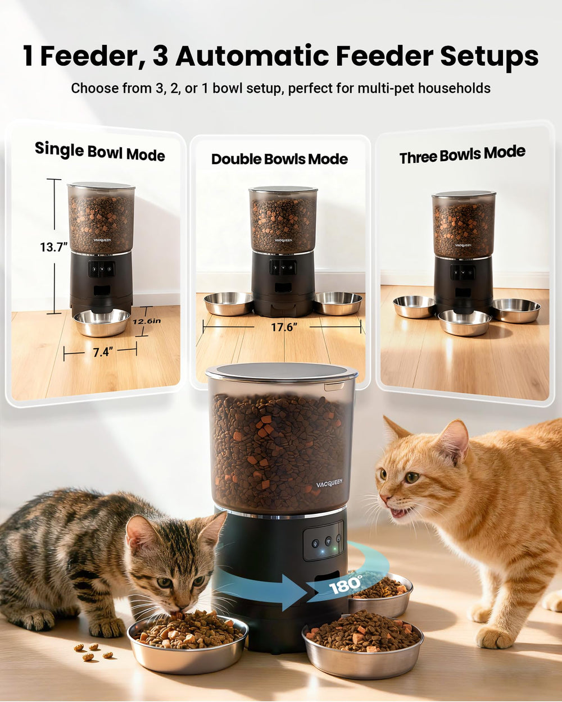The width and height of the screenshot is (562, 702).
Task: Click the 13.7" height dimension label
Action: (54, 247)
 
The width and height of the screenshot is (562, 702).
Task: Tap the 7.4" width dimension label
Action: (103, 352)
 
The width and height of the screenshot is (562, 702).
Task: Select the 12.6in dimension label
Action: (147, 321)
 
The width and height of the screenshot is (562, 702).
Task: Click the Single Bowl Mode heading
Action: (100, 151)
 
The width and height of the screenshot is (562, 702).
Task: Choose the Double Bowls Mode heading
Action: (279, 159)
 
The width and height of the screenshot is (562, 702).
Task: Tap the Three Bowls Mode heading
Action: (462, 154)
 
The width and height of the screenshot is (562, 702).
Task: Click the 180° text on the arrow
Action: (346, 585)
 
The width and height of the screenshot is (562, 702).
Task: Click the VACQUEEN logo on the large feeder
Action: (329, 482)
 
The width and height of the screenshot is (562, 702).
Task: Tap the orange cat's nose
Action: (383, 499)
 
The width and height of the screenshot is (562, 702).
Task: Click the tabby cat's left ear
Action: (137, 531)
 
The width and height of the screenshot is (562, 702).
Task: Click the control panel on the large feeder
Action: (323, 541)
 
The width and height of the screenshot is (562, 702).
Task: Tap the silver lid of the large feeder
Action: (281, 371)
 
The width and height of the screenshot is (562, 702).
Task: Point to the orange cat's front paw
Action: (495, 637)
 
